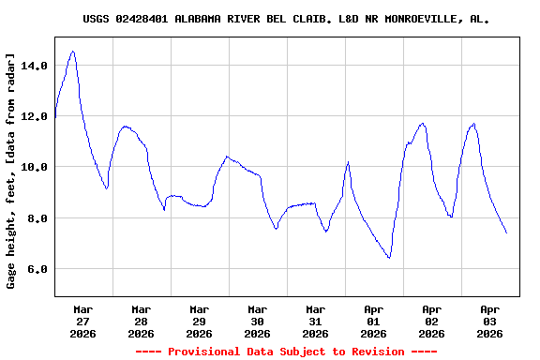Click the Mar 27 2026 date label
pyautogui.click(x=82, y=321)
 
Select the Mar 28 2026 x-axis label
pyautogui.click(x=141, y=321)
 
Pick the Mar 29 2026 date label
pyautogui.click(x=199, y=321)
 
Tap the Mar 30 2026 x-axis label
pyautogui.click(x=257, y=321)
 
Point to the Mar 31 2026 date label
pyautogui.click(x=315, y=321)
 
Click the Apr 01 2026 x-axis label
pyautogui.click(x=373, y=321)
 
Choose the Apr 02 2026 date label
pyautogui.click(x=431, y=321)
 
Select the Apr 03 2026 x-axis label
pyautogui.click(x=489, y=321)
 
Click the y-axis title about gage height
pyautogui.click(x=12, y=171)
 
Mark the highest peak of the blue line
pyautogui.click(x=73, y=52)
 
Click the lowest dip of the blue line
pyautogui.click(x=388, y=258)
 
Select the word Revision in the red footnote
pyautogui.click(x=375, y=352)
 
